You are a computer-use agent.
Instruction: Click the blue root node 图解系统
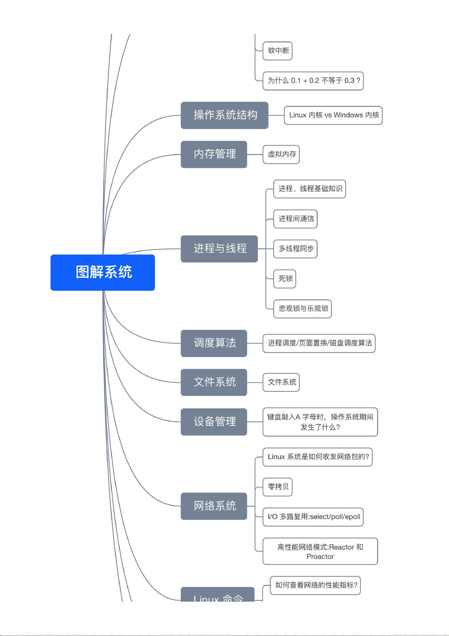103,272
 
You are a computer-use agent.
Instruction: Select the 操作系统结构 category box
224,115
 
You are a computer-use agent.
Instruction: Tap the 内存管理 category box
214,154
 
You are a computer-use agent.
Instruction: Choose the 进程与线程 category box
219,249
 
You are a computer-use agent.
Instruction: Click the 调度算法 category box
214,343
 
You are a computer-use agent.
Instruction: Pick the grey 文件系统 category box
214,382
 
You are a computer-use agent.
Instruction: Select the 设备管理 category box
214,422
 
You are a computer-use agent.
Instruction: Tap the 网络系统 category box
214,506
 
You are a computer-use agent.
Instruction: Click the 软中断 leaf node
278,51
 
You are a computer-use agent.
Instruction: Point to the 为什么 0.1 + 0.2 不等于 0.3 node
313,81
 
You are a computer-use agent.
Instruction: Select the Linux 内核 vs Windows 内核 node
333,115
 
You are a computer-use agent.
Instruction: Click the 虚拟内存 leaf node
281,154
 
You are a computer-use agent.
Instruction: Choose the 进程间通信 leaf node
296,219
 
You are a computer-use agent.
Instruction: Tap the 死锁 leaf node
285,279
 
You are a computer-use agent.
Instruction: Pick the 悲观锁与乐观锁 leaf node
303,309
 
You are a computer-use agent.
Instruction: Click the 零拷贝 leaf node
277,487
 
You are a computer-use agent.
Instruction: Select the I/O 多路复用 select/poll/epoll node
313,517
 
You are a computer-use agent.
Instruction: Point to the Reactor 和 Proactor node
320,551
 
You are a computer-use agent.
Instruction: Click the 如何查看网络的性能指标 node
316,585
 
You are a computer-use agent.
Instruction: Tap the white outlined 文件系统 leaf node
281,382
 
